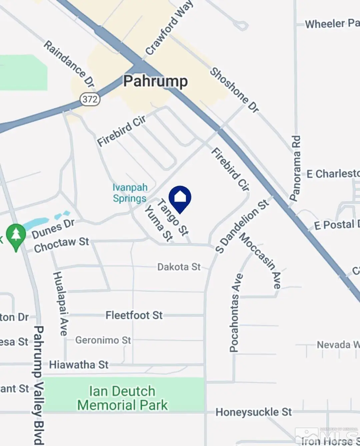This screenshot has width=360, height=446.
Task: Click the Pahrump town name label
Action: [x=155, y=82]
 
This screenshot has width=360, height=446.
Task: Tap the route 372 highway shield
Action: [x=90, y=99]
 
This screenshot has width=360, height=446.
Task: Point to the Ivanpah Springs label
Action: [x=130, y=193]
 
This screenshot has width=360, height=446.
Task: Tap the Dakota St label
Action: [x=179, y=267]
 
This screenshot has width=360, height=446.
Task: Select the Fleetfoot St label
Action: [x=134, y=315]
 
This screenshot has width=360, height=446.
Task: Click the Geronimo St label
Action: [x=103, y=340]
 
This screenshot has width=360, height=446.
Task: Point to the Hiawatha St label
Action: [x=79, y=365]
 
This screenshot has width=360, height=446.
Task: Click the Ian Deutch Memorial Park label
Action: [x=122, y=398]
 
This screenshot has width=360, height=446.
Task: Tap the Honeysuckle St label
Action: [x=254, y=412]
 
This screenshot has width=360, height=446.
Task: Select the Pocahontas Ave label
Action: [x=235, y=313]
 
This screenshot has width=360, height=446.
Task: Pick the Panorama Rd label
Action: [x=295, y=168]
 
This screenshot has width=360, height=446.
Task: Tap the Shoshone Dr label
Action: [x=234, y=90]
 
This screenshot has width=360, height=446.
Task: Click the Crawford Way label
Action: [x=169, y=28]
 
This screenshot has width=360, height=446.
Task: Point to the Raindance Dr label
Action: [x=69, y=64]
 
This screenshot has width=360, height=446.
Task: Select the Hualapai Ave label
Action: [x=60, y=303]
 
